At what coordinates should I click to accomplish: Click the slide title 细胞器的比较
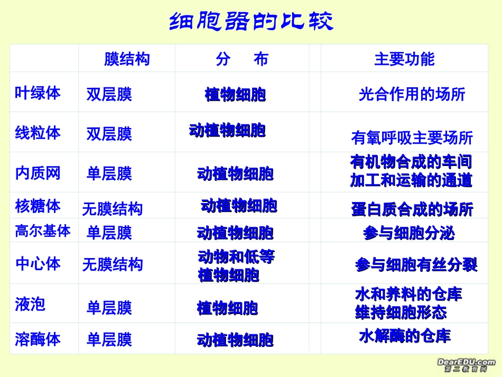[251, 22]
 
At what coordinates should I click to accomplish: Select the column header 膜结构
[127, 59]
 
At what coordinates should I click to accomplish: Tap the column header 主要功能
[404, 59]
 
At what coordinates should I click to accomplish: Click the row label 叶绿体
[38, 93]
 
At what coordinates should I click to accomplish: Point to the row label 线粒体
[38, 133]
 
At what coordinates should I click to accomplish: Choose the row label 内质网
[38, 173]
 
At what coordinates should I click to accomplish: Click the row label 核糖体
[38, 206]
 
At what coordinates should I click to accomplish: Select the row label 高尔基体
[42, 231]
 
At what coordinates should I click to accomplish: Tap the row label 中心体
[38, 264]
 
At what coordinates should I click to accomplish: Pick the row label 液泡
[30, 304]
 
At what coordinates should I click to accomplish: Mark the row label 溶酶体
[38, 339]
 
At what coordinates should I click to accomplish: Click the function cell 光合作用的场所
[412, 95]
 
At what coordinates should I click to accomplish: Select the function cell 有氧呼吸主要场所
[412, 138]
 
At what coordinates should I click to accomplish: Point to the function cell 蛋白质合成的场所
[412, 209]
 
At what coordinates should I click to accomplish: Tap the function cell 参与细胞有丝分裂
[416, 265]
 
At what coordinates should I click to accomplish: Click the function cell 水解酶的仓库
[405, 336]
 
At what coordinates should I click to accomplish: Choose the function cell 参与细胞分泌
[408, 233]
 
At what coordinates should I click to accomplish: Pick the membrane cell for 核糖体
[112, 209]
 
